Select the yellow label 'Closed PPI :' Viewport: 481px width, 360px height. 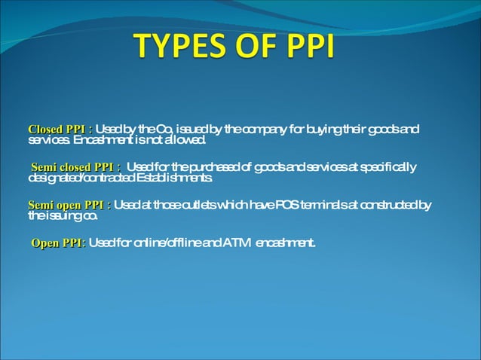(60, 130)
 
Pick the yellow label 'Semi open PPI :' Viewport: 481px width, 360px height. (69, 205)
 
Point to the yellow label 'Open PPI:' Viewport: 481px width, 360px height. (58, 243)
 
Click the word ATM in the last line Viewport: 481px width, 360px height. (237, 243)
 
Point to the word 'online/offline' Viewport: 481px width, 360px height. (167, 243)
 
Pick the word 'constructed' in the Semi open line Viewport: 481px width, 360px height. (388, 205)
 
